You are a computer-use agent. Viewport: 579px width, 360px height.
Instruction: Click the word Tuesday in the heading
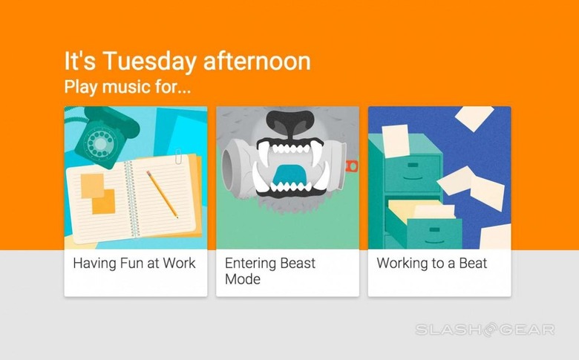[x=149, y=62]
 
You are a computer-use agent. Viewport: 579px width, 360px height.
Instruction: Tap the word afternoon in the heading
[x=257, y=61]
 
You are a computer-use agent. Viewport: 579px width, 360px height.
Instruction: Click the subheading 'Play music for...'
[x=128, y=87]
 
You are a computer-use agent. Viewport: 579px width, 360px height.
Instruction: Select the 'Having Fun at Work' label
[x=134, y=264]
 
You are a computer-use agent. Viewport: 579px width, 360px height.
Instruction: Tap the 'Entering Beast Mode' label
[x=270, y=271]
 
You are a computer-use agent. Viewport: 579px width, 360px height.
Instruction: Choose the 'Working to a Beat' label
[x=432, y=264]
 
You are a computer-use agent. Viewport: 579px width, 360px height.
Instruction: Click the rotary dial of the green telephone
[x=99, y=142]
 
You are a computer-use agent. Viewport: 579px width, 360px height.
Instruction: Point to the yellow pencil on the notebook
[x=162, y=194]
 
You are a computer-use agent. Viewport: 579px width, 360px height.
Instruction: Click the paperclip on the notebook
[x=178, y=157]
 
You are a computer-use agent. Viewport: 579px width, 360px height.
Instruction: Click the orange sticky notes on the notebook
[x=98, y=194]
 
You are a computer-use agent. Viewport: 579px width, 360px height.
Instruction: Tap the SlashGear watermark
[x=485, y=330]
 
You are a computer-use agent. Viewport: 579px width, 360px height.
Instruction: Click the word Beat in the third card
[x=473, y=263]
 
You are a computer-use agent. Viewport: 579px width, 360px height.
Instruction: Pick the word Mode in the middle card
[x=243, y=279]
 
